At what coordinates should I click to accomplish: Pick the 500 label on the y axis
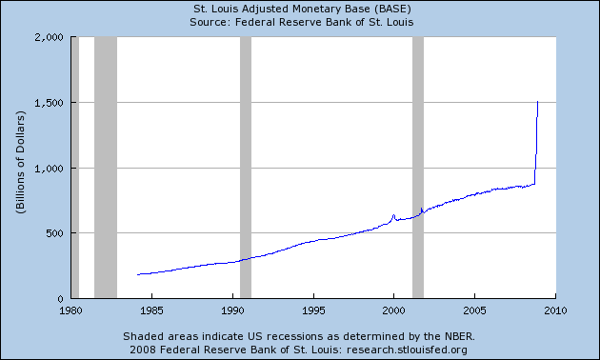53,233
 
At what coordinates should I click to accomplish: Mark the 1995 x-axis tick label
313,310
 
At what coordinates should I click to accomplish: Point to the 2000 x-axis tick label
394,310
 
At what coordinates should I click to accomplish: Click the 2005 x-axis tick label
474,310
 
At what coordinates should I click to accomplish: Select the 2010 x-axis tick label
555,310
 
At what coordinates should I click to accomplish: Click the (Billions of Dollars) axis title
20,168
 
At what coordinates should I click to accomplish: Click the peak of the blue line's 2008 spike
538,101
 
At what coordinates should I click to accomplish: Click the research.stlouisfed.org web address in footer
419,350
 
